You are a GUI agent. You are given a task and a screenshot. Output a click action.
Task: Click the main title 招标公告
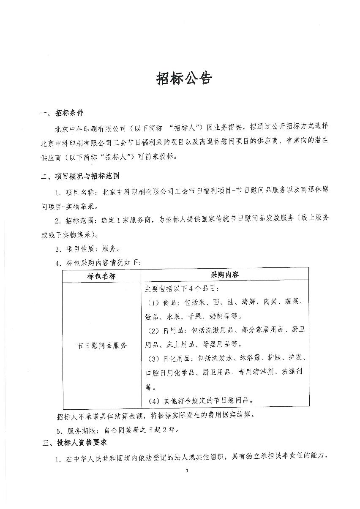click(183, 78)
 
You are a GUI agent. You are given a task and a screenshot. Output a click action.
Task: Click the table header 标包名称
click(101, 275)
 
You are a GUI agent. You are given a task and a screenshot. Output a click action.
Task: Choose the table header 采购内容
click(225, 275)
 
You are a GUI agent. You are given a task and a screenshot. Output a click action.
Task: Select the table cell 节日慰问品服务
click(102, 345)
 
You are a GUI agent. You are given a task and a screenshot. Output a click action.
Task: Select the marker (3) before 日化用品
click(152, 359)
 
